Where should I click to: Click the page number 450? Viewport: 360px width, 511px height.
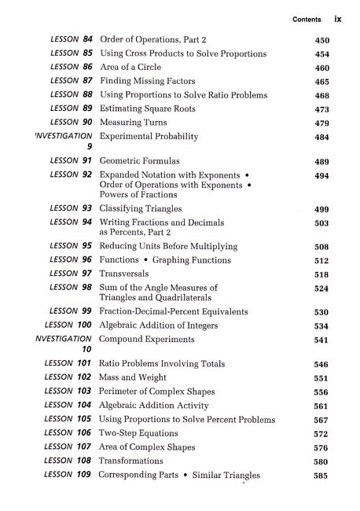click(321, 39)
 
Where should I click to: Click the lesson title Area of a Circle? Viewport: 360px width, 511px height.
click(137, 67)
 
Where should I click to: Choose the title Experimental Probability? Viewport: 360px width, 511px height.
click(149, 137)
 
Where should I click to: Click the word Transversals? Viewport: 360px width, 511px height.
click(127, 274)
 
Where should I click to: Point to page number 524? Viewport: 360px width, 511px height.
click(321, 289)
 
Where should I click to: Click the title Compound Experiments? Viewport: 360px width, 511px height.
click(146, 339)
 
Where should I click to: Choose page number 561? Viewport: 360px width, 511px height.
click(321, 406)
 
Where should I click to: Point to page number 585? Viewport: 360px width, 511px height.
click(321, 476)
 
